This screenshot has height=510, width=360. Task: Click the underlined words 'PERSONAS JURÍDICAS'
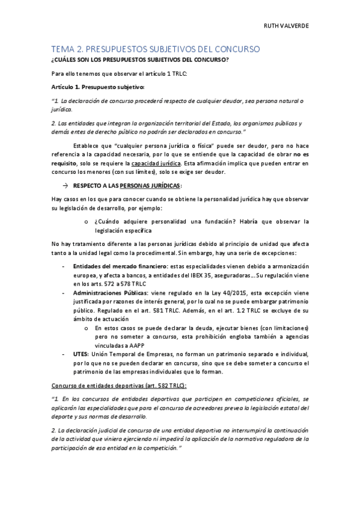pyautogui.click(x=146, y=186)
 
